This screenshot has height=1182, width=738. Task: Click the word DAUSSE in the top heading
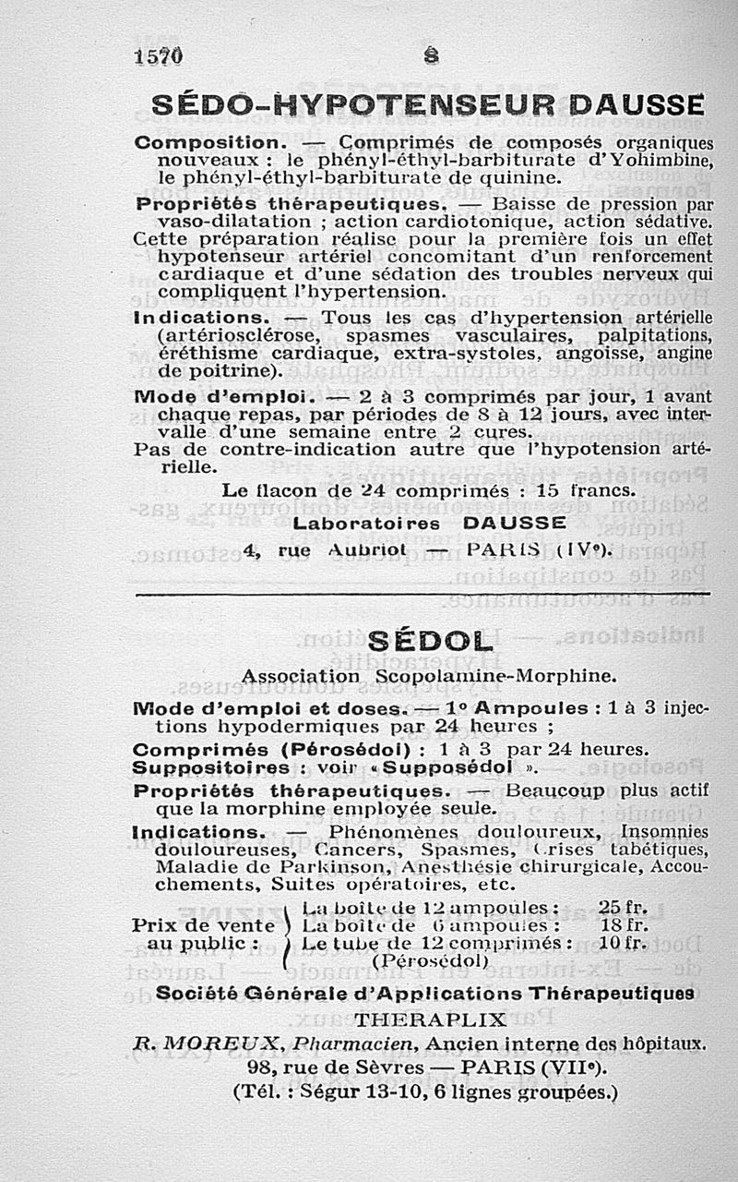coord(637,104)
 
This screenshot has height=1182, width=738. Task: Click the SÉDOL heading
coord(430,641)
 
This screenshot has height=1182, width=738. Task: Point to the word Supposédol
coord(458,767)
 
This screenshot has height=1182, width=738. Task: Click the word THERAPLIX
coord(431,1020)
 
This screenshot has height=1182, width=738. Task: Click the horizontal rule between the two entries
coord(423,594)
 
